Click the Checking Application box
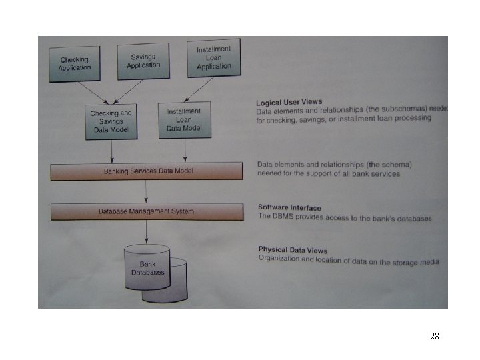[x=75, y=64]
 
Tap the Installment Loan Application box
[x=213, y=57]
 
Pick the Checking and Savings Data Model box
[x=111, y=122]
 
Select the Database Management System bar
[x=147, y=211]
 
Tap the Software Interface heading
[x=289, y=208]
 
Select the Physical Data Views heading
[x=293, y=250]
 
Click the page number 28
[x=434, y=337]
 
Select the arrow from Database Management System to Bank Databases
[x=147, y=233]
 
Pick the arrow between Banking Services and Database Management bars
[x=146, y=192]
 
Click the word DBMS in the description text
[x=281, y=217]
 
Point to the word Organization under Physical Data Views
[x=281, y=259]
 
